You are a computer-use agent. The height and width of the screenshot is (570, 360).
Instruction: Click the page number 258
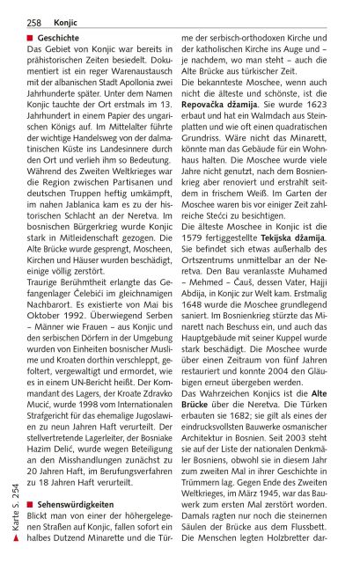33,19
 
